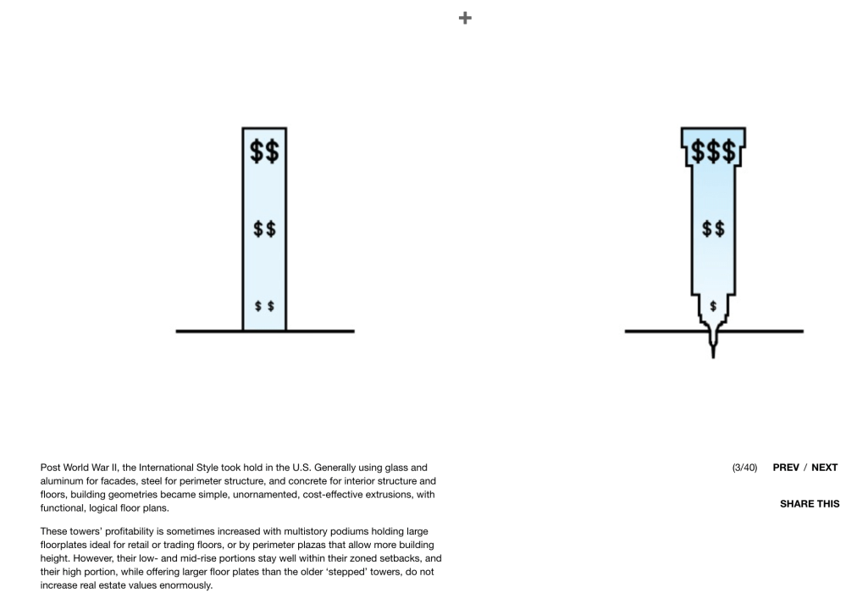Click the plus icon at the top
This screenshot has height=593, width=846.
pyautogui.click(x=465, y=18)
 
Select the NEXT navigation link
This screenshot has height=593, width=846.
pyautogui.click(x=825, y=468)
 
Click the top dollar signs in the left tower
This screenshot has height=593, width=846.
pyautogui.click(x=264, y=152)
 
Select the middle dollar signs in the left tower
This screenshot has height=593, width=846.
pyautogui.click(x=264, y=229)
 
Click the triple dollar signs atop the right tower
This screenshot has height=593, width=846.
pyautogui.click(x=712, y=152)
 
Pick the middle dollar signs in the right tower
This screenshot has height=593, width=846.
pyautogui.click(x=712, y=229)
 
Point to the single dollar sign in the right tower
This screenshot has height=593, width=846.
pyautogui.click(x=713, y=304)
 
